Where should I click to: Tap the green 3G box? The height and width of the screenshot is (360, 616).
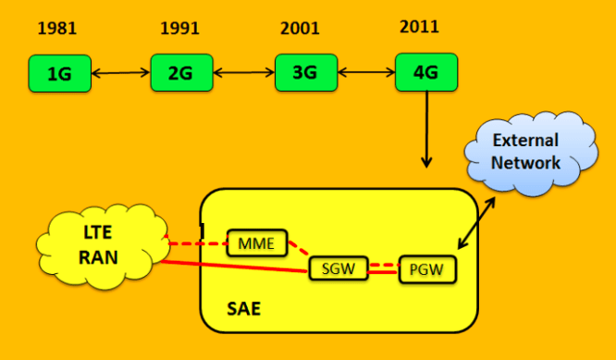tap(301, 73)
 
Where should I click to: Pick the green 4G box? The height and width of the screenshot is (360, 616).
tap(420, 72)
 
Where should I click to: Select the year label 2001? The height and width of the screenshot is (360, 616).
tap(300, 30)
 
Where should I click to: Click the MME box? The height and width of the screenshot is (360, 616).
tap(257, 243)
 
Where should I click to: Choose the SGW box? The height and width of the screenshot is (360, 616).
tap(338, 268)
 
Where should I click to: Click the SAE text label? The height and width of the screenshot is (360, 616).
tap(243, 308)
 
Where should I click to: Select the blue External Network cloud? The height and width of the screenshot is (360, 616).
tap(525, 152)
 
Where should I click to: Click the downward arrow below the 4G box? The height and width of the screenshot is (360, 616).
tap(426, 130)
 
